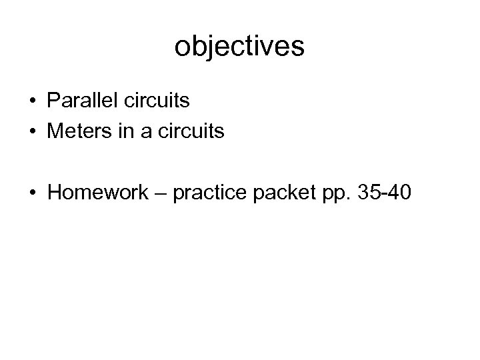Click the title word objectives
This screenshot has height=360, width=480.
(x=239, y=47)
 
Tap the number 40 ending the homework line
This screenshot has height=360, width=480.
(x=403, y=193)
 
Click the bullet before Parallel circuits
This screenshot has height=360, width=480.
(x=32, y=102)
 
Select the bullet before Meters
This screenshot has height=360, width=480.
(x=32, y=133)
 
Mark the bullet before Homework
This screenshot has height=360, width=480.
(x=32, y=194)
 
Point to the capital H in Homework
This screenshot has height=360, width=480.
(x=54, y=193)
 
